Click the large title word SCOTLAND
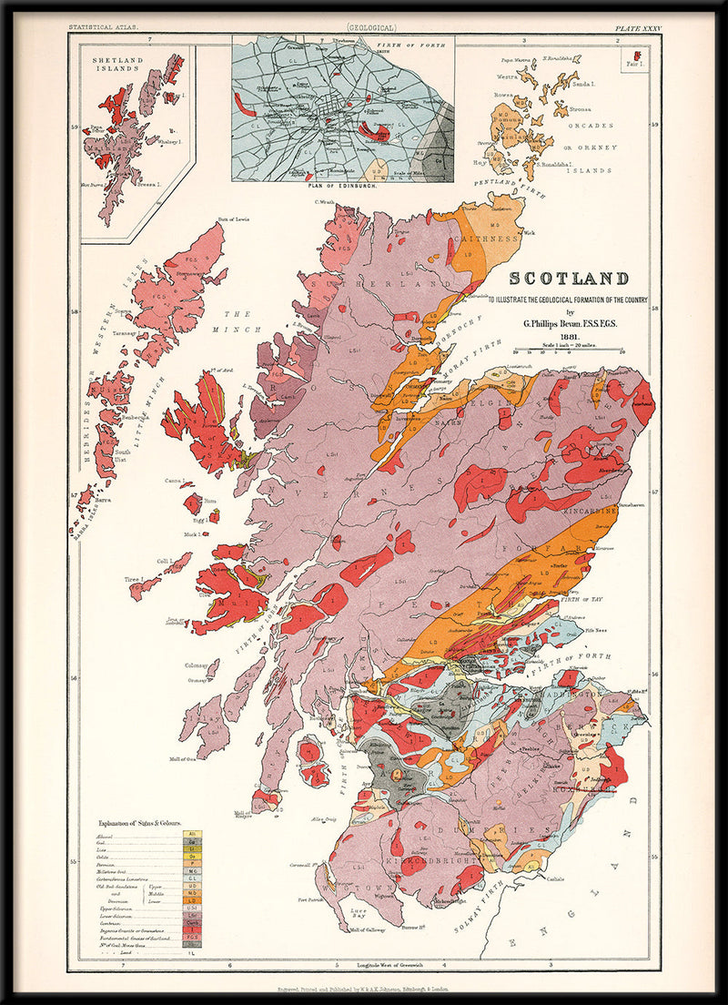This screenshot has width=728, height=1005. coord(569,279)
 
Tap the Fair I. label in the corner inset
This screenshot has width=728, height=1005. coord(635,64)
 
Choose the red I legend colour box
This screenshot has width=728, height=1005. coord(192,929)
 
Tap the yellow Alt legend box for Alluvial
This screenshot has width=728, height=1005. coord(192,834)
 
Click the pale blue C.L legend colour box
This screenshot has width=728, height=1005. coord(192,878)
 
